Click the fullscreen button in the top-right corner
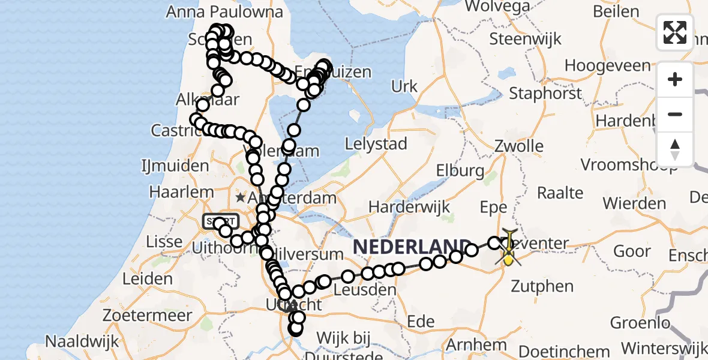tap(675, 32)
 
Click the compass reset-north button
tap(675, 149)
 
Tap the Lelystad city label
tap(376, 144)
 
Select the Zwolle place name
tap(518, 146)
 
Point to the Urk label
tap(404, 86)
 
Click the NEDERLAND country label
tap(412, 246)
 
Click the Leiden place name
tap(147, 279)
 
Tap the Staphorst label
tap(545, 94)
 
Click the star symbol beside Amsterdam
tap(241, 197)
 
